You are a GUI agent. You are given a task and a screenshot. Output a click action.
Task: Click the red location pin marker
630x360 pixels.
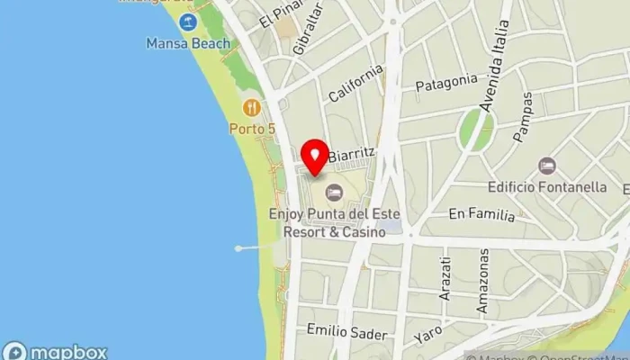[x=314, y=158]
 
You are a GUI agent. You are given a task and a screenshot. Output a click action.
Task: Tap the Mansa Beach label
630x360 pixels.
[x=188, y=43]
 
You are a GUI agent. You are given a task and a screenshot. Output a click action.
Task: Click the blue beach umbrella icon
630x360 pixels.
[x=188, y=22]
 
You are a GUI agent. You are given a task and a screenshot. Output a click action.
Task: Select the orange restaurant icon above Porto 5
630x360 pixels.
[x=251, y=108]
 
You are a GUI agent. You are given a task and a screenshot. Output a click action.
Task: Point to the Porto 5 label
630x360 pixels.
[x=251, y=129]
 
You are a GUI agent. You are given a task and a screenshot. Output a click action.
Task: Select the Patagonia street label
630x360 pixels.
[x=445, y=82]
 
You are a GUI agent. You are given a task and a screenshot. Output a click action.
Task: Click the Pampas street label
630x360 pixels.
[x=523, y=116]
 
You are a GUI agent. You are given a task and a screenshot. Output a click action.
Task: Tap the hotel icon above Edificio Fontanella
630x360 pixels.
[x=545, y=166]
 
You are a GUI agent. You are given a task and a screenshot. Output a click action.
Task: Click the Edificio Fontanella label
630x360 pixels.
[x=546, y=187]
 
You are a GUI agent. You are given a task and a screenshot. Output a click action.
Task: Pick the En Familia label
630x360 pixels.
[x=481, y=215]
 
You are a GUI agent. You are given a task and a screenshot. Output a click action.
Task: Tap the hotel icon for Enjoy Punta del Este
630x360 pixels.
[x=334, y=192]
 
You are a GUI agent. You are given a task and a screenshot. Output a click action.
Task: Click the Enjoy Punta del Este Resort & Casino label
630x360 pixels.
[x=333, y=222]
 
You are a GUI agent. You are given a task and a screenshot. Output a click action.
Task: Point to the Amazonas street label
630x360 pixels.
[x=483, y=281]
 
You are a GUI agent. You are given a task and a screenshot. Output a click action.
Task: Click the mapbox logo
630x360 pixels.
[x=55, y=351]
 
